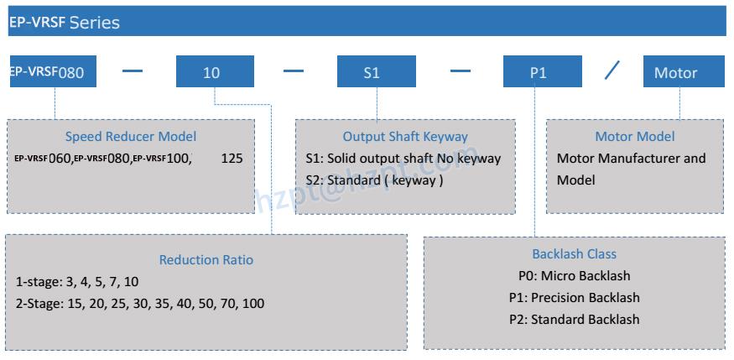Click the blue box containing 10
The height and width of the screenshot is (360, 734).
(215, 72)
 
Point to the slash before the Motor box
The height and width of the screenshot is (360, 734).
(612, 71)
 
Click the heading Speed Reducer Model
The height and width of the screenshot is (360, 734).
(131, 137)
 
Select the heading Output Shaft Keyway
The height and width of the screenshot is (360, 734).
(405, 137)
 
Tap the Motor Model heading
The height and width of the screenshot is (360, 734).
(634, 137)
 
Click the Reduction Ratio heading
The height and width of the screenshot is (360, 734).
(206, 260)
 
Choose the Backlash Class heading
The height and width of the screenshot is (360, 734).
(574, 253)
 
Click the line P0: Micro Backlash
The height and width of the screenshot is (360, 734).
(574, 275)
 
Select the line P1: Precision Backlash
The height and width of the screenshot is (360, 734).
(574, 297)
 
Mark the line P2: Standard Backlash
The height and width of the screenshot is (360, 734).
(574, 319)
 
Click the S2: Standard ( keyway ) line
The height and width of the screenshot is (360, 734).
(375, 180)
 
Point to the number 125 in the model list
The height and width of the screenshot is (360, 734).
(232, 158)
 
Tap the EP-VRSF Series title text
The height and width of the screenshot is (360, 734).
(64, 22)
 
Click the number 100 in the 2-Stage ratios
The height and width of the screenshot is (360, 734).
(252, 303)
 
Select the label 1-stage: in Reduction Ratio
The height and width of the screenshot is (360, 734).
(39, 281)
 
